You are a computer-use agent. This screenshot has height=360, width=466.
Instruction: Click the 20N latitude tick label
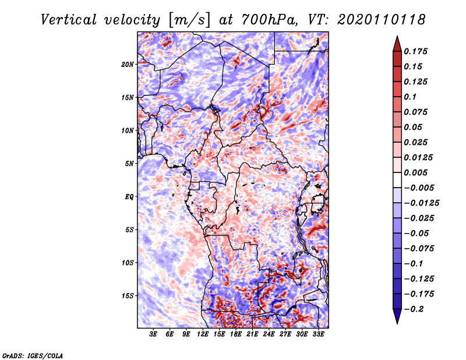coord(128,65)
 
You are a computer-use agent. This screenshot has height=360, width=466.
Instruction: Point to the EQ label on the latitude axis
coord(129,197)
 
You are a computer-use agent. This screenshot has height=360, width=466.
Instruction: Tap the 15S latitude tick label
coord(128,296)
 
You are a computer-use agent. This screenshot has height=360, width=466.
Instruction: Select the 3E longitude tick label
coord(153,334)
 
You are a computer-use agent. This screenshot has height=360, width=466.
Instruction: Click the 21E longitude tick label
coord(252,334)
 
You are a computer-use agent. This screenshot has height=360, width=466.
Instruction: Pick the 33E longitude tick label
coord(318,334)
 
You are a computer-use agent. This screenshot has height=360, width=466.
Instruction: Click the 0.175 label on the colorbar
coord(415,51)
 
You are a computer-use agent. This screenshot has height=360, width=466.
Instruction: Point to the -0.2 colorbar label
coord(414,309)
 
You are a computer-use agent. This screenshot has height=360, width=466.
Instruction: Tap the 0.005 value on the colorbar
coord(415,172)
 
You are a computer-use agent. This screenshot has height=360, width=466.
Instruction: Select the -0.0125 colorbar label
coord(421,203)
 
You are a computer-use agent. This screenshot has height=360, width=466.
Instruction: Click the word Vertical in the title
coord(69,20)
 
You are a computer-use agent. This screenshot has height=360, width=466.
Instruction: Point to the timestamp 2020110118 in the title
coord(382,20)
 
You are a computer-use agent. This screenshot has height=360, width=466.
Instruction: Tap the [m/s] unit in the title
coord(189,20)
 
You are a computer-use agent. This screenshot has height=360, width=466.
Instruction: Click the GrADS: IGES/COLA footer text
coord(33,355)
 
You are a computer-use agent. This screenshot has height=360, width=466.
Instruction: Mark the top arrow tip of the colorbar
coord(397,36)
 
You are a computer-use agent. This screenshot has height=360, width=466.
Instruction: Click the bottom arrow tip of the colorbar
coord(397,324)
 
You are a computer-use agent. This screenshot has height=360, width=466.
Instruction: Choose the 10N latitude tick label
coord(128,130)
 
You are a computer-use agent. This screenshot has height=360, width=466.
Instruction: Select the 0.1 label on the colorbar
coord(410,97)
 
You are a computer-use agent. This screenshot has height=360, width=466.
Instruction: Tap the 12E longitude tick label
coord(202,334)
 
